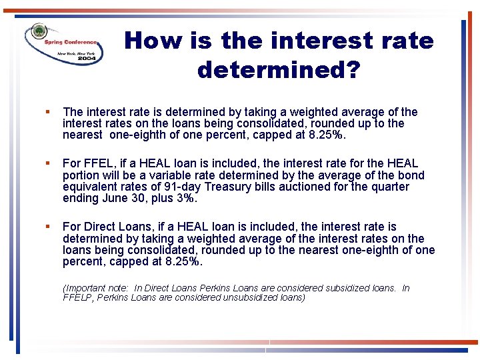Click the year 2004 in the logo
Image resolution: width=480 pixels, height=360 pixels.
pyautogui.click(x=87, y=59)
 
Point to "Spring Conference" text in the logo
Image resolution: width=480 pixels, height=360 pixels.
pyautogui.click(x=71, y=42)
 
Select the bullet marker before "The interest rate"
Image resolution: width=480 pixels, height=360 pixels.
pyautogui.click(x=49, y=112)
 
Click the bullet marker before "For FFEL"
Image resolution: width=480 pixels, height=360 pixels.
pyautogui.click(x=49, y=163)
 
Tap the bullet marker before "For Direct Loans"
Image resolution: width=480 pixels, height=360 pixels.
pyautogui.click(x=49, y=227)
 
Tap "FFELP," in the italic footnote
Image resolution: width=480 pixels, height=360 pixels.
pyautogui.click(x=78, y=297)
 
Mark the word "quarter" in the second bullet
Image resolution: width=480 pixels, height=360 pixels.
pyautogui.click(x=388, y=187)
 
